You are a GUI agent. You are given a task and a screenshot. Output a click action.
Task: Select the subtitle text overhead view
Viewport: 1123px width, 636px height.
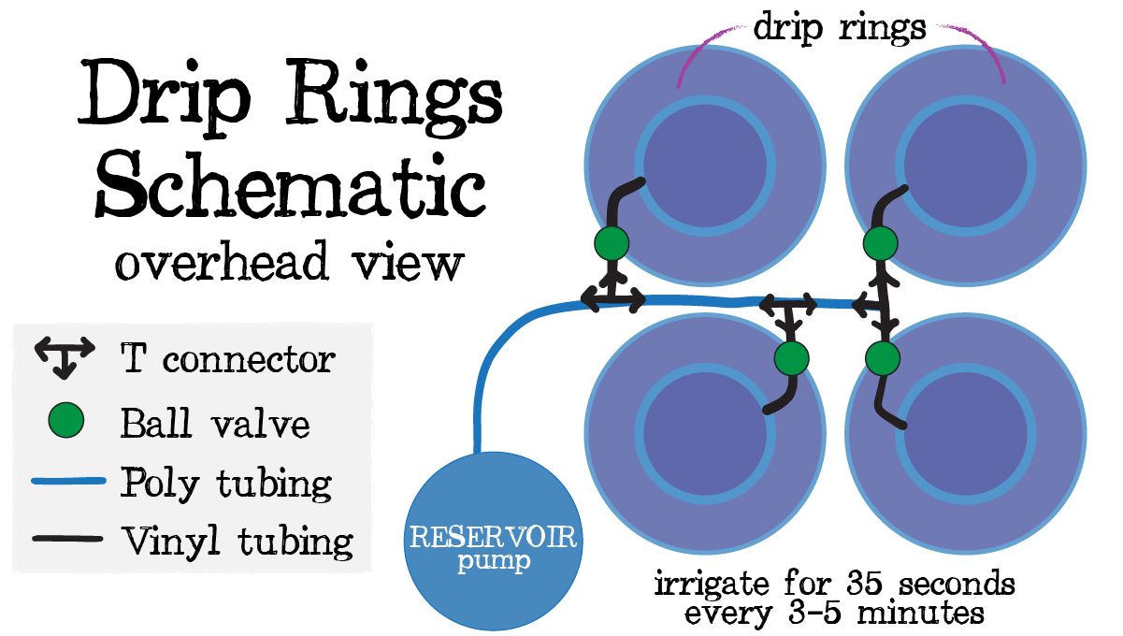coord(289,261)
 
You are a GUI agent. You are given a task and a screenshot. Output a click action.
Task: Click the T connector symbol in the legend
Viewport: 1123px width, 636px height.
coord(64,356)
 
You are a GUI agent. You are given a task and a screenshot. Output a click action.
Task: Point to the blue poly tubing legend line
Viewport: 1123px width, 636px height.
coord(66,482)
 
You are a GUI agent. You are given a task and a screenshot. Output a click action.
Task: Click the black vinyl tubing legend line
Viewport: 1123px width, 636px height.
coord(66,540)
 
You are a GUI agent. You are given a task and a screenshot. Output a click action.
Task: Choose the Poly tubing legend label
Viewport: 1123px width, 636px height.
coord(225,484)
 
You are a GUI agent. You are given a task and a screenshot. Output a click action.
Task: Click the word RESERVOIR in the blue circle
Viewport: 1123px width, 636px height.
coord(495,539)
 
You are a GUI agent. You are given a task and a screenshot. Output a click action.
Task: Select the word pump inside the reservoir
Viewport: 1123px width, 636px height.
coord(495,563)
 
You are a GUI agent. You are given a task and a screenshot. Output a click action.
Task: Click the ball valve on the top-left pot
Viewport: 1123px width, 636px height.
coord(612,243)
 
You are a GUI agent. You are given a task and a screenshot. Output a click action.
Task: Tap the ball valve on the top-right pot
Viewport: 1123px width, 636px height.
coord(880,243)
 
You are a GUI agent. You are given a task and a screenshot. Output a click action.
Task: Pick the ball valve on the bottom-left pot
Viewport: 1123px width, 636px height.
coord(792,357)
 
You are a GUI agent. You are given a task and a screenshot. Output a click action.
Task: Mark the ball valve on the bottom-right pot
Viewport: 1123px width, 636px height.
coord(881,357)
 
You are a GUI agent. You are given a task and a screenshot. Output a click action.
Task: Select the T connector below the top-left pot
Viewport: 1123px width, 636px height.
coord(612,297)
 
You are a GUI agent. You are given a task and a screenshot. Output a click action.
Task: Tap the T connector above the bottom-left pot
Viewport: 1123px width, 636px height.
coord(790,309)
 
